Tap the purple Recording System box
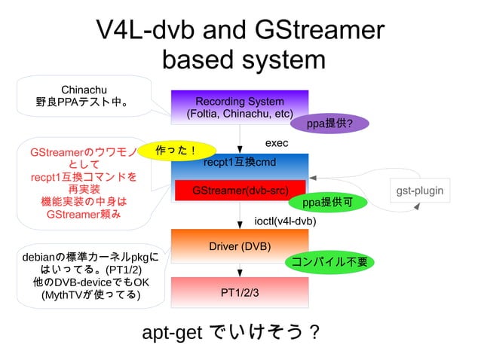point(240,108)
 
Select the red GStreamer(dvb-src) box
point(240,191)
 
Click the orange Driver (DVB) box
point(240,246)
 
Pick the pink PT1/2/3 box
point(240,292)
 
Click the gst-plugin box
point(420,191)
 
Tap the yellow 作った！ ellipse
point(176,151)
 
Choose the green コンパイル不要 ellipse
point(329,261)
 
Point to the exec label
point(277,143)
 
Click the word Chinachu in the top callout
point(84,90)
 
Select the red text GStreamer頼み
point(83,214)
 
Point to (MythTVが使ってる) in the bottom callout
point(90,294)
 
